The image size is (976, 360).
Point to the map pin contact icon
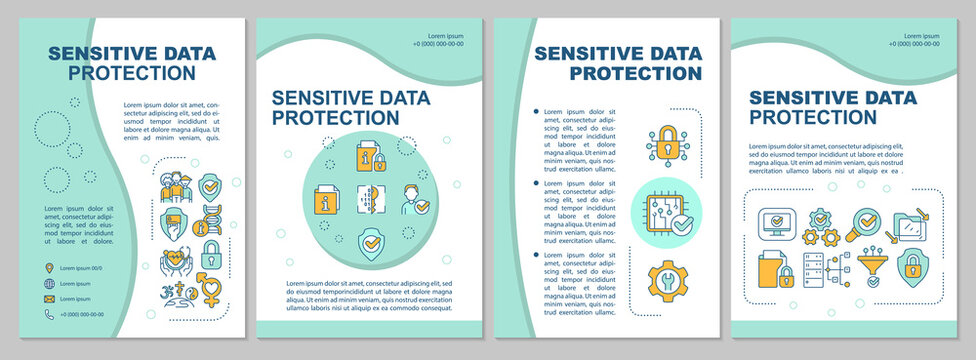coord(49,268)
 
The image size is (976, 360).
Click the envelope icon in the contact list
coord(49,299)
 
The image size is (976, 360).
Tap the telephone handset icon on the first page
coord(49,315)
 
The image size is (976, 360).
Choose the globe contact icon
coord(49,284)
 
